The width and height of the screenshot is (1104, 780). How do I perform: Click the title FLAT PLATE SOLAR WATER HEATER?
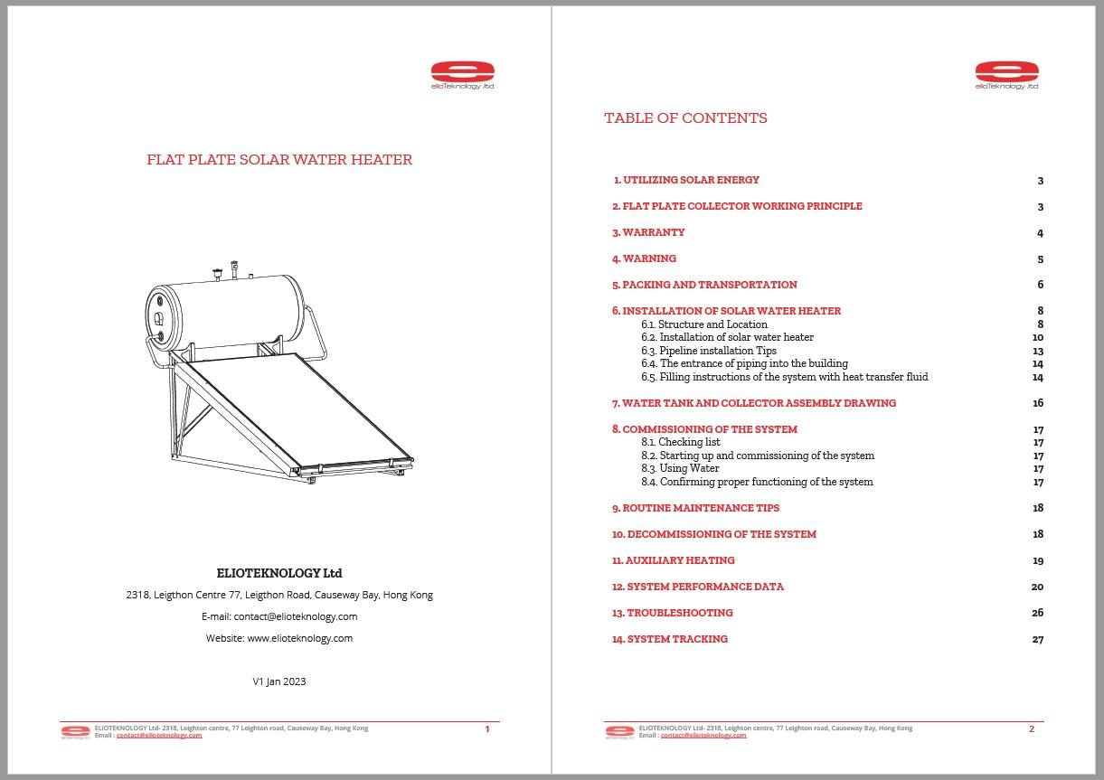point(279,160)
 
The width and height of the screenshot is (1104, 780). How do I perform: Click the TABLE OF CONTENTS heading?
point(685,118)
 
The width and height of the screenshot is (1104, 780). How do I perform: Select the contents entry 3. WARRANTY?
point(648,232)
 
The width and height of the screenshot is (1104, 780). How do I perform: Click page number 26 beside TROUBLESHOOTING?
point(1037,613)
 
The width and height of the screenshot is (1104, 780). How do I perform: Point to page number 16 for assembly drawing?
point(1038,403)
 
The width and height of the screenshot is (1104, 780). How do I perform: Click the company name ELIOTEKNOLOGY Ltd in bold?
point(279,573)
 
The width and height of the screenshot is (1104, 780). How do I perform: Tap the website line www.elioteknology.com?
point(279,638)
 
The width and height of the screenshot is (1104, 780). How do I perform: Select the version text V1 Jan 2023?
point(279,681)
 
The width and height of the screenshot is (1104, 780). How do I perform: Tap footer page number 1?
point(487,729)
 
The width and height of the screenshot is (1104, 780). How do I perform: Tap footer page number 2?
point(1032,729)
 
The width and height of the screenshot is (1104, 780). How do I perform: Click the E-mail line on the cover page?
point(279,616)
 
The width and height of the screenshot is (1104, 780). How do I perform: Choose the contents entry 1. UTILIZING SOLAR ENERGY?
point(686,180)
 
